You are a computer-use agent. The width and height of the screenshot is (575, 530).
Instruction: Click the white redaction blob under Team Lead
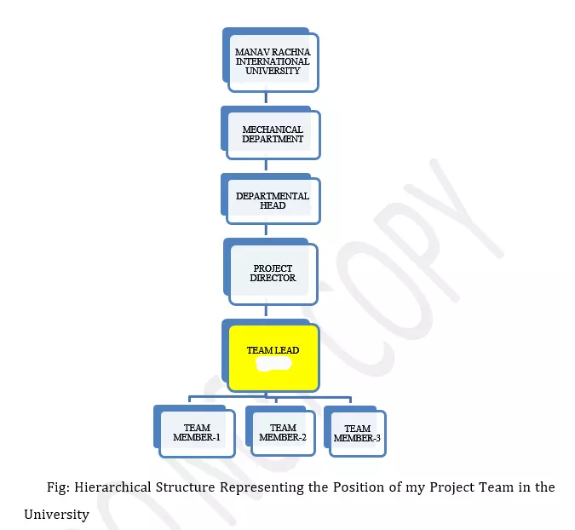pos(273,364)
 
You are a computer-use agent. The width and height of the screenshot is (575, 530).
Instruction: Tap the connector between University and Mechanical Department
pos(266,97)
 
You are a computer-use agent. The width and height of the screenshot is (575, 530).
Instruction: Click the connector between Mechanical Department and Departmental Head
pos(266,164)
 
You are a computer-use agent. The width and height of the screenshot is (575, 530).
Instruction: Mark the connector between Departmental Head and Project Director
pos(266,229)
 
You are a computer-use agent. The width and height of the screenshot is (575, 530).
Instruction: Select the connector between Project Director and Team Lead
pos(266,310)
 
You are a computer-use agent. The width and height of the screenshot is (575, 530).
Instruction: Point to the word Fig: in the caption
pos(58,487)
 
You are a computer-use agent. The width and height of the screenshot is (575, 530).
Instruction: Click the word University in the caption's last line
pos(56,515)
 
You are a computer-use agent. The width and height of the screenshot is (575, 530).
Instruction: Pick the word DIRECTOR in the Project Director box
pos(273,278)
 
